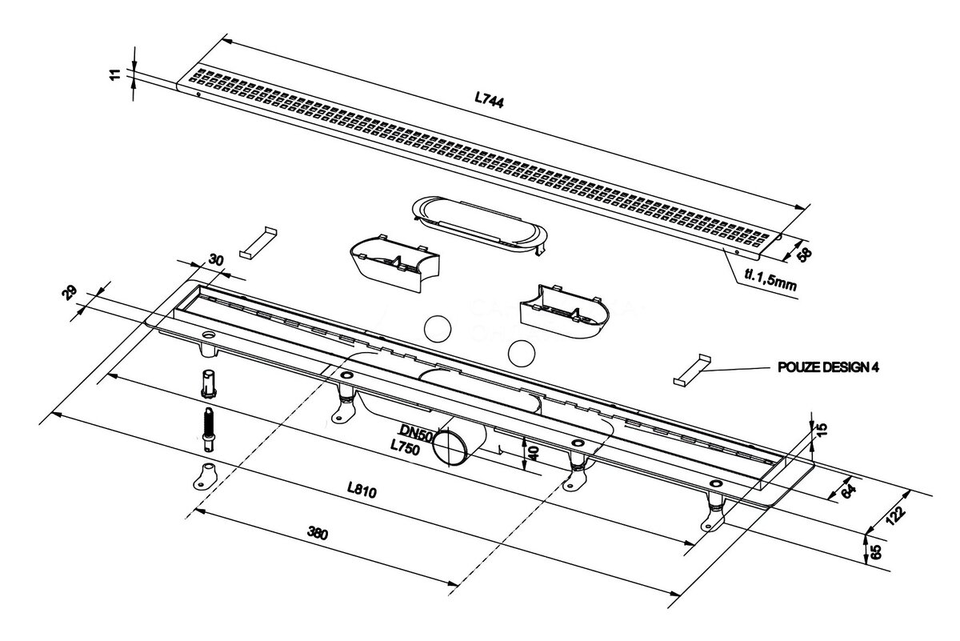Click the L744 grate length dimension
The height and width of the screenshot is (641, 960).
[489, 100]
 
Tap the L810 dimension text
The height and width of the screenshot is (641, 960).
[362, 490]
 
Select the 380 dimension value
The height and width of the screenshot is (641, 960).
[318, 534]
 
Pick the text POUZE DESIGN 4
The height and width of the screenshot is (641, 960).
[828, 367]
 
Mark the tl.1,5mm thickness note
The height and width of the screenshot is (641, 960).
[770, 281]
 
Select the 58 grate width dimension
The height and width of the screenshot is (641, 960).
[805, 254]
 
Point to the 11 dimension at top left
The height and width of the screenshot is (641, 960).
[115, 74]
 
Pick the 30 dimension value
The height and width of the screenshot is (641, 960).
[216, 259]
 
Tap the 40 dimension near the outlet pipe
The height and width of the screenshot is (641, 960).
[533, 453]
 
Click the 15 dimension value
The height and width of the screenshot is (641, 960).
[822, 429]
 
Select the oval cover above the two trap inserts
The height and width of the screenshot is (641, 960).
[479, 224]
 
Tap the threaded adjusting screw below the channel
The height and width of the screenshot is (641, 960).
[209, 429]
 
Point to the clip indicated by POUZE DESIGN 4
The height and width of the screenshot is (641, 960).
[692, 370]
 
